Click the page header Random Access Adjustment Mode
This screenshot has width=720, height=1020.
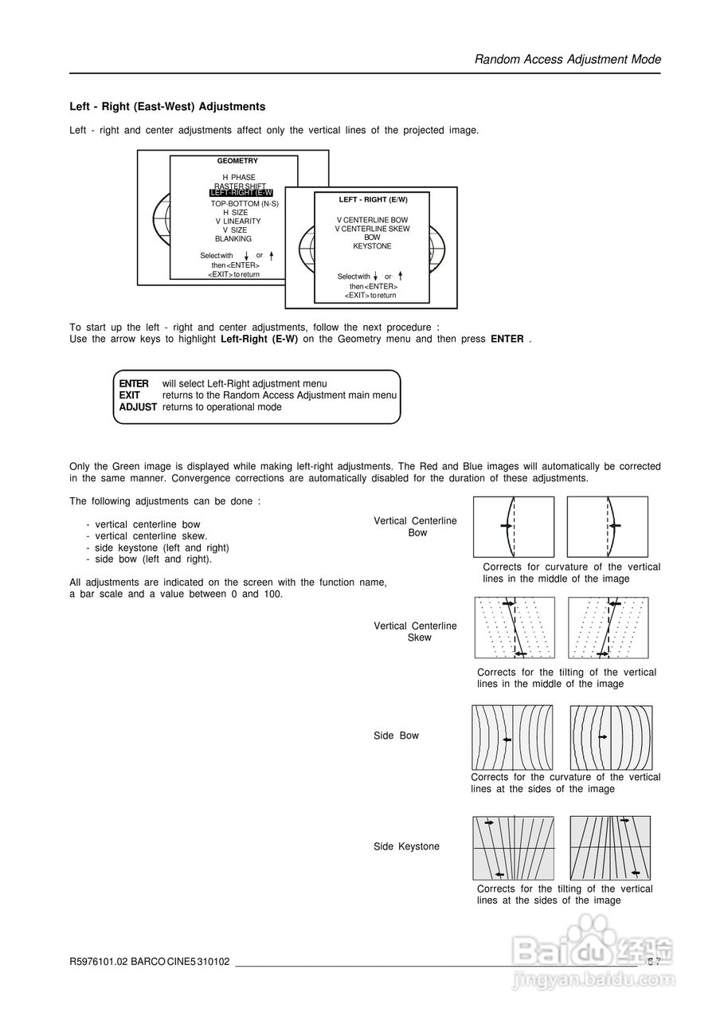(x=567, y=60)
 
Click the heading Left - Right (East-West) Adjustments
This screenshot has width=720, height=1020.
(x=167, y=107)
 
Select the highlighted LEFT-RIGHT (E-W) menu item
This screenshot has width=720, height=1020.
(x=241, y=193)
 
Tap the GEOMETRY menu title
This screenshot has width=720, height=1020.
(x=237, y=161)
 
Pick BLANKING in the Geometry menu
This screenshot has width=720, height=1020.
(x=233, y=239)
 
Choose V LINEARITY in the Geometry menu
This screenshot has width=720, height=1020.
(x=237, y=222)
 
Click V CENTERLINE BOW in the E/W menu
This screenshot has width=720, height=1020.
(x=372, y=220)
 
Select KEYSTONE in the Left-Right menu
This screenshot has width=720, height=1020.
(x=372, y=247)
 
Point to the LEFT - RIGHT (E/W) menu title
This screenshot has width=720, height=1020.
(x=373, y=200)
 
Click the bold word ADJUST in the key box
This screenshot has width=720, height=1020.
(x=138, y=407)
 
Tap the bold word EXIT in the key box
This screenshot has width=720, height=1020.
(x=130, y=395)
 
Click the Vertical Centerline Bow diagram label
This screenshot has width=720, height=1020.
(x=416, y=527)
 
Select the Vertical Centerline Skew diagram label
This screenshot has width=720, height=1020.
(x=416, y=632)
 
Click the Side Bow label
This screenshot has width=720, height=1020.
(x=396, y=736)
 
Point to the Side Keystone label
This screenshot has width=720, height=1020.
(x=406, y=846)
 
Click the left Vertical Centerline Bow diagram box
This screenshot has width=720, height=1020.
(x=513, y=527)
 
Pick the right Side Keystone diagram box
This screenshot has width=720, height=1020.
(x=610, y=847)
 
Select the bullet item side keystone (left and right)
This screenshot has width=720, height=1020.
(x=162, y=548)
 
